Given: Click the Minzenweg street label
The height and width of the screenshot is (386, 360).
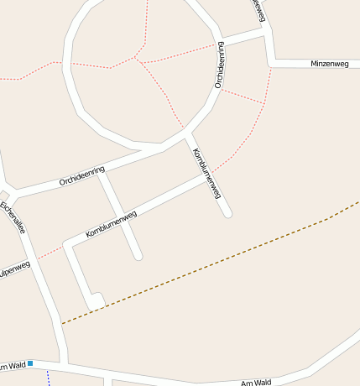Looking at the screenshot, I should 328,64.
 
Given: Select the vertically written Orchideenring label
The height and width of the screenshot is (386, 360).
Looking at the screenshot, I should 221,65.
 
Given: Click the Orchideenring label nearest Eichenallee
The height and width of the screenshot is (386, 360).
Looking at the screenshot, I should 81,176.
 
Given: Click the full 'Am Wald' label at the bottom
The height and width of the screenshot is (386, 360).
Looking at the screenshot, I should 256,383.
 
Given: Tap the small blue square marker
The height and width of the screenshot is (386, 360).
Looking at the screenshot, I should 30,363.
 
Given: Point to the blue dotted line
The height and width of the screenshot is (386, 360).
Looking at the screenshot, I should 48,378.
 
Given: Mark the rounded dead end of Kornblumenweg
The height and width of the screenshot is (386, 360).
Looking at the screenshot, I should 227,214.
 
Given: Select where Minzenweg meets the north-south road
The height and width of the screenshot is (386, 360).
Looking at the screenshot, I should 271,63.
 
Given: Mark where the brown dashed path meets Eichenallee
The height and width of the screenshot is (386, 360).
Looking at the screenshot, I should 61,322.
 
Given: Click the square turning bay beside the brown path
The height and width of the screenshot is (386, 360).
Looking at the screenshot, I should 97,300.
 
